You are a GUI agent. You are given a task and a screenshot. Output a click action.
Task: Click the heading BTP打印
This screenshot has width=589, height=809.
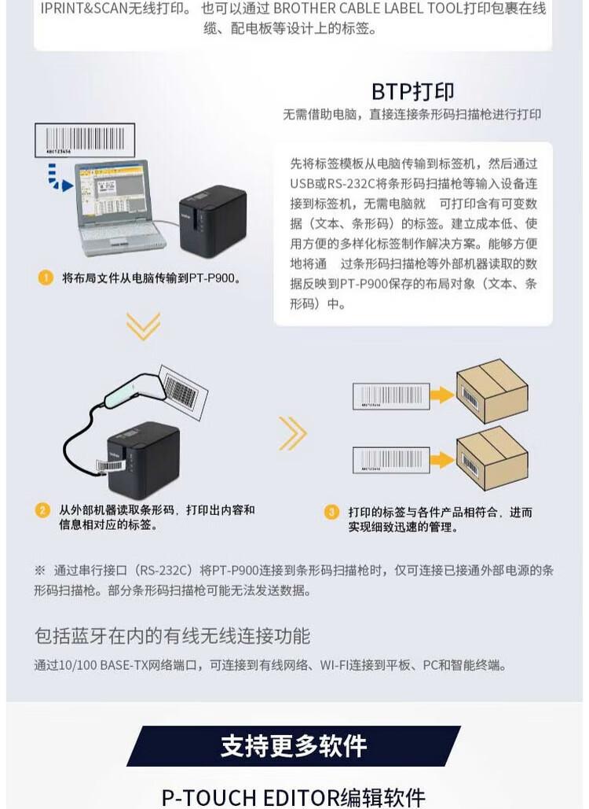tap(413, 91)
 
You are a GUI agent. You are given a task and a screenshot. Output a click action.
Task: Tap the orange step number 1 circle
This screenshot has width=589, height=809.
tap(45, 278)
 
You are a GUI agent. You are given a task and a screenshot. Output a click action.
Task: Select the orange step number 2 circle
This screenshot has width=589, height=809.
tap(42, 510)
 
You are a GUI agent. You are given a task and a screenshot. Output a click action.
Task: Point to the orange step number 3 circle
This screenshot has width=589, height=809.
tap(331, 512)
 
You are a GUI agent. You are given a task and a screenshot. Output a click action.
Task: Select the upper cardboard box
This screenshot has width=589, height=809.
tap(492, 391)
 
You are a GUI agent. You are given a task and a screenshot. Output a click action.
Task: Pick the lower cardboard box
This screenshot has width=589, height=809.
tap(492, 459)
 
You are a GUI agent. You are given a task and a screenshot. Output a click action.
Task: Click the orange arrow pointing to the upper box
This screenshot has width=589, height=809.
tap(442, 395)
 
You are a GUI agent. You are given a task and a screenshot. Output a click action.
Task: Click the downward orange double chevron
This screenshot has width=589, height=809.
tap(143, 325)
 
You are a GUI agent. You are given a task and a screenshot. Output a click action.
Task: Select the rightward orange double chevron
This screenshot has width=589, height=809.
tap(292, 433)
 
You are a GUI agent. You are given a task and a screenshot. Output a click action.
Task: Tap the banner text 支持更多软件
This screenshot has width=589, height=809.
tap(294, 745)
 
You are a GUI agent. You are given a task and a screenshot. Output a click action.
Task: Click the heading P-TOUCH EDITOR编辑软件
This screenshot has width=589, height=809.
tap(294, 796)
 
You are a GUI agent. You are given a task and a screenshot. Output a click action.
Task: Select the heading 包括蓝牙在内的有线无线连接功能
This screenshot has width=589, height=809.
tap(172, 635)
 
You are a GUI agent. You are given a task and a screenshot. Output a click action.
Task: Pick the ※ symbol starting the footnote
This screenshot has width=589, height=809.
tap(39, 570)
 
